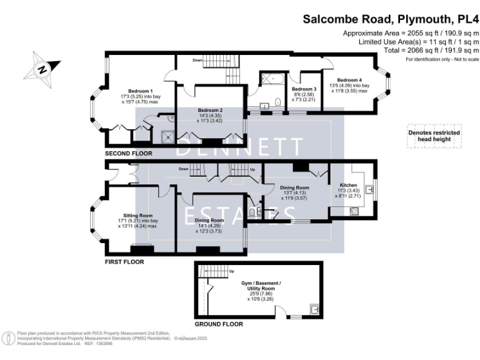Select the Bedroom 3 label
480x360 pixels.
coord(304,89)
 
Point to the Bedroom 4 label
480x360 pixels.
coord(349,80)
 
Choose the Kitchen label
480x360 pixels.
coord(348,186)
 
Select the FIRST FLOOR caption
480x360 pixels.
coord(124,262)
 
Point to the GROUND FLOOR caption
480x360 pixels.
coord(219,324)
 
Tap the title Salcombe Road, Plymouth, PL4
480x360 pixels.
coord(391,19)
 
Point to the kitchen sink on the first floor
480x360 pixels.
coord(369,187)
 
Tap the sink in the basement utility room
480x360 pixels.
coord(314,308)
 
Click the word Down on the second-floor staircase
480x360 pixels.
coord(197,60)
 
